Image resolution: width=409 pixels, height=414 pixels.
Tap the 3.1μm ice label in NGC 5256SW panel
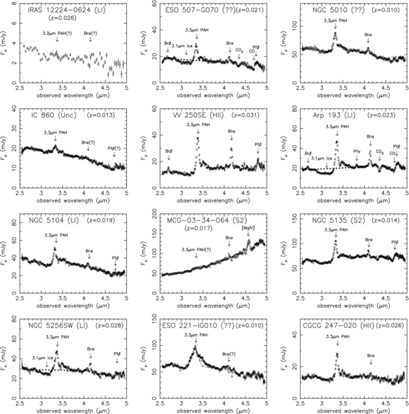(x=44, y=357)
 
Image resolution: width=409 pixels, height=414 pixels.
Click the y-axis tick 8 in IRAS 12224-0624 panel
(x=14, y=4)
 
